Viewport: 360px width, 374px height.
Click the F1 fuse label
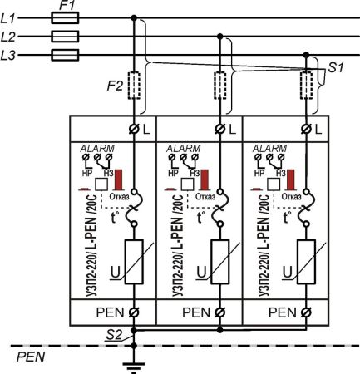pos(67,6)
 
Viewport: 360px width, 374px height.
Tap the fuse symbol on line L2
pos(66,37)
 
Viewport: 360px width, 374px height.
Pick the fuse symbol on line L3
pos(66,55)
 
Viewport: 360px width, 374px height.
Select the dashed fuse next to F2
pos(134,86)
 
